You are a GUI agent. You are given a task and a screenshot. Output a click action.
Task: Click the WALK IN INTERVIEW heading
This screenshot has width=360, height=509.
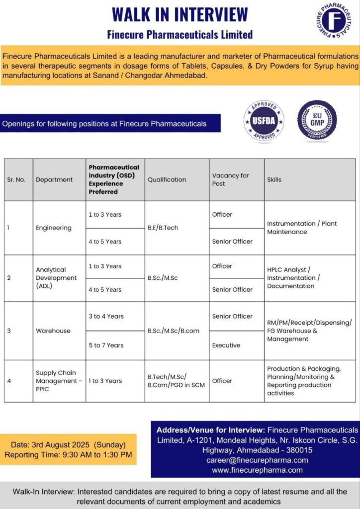click(180, 14)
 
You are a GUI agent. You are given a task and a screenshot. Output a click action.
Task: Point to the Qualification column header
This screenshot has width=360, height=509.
click(167, 179)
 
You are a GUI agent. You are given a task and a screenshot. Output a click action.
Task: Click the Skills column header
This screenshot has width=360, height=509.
click(274, 179)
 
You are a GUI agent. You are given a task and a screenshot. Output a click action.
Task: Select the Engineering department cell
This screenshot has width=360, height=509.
click(53, 228)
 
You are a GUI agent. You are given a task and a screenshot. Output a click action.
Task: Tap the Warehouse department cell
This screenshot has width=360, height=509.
click(53, 331)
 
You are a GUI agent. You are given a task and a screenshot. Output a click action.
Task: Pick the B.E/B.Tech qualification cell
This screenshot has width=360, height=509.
click(163, 228)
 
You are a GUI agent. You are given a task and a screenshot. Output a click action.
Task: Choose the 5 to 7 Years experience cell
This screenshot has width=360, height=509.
click(106, 345)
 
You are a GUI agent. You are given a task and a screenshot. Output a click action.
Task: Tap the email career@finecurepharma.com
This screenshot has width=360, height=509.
click(257, 460)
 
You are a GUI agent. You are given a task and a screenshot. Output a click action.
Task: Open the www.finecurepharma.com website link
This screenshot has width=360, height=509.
click(257, 470)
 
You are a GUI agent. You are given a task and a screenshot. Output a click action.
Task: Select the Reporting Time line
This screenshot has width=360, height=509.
click(68, 454)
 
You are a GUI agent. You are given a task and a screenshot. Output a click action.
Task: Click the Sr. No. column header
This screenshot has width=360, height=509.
click(16, 179)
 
